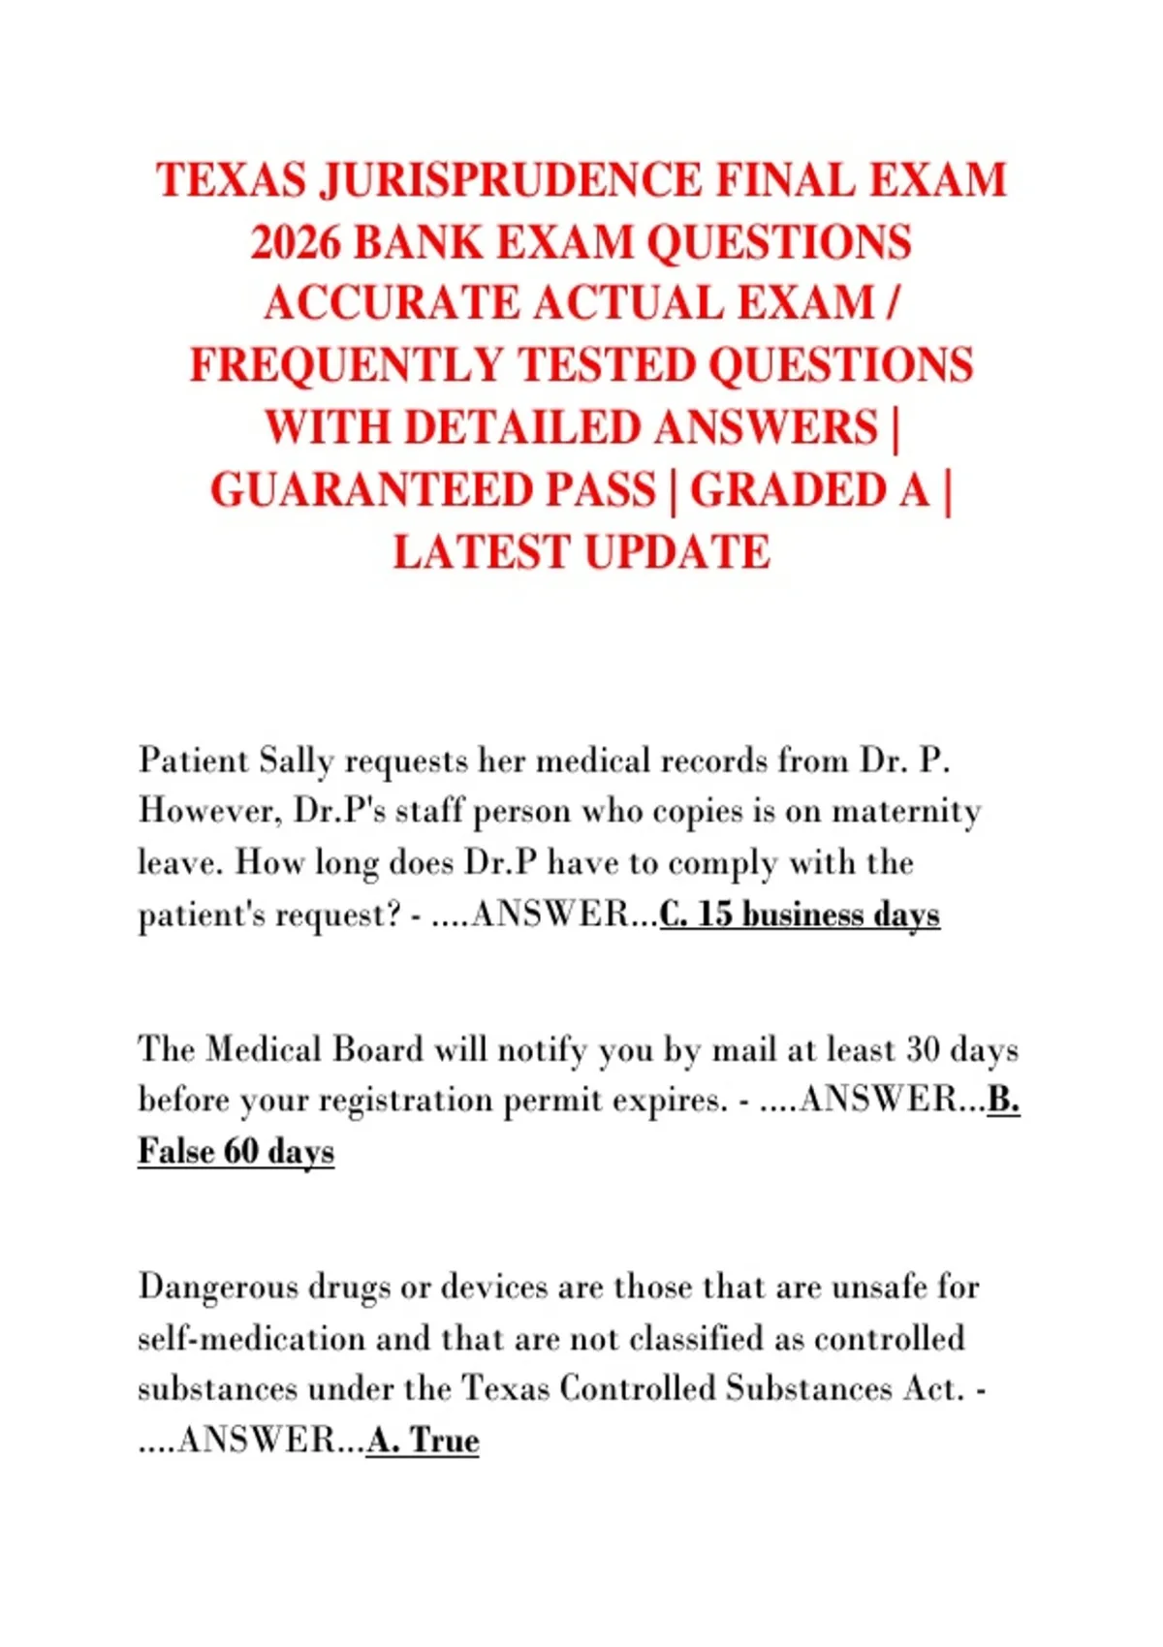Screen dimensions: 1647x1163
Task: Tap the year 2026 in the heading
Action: [x=295, y=242]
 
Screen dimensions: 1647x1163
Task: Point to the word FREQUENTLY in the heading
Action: [x=345, y=366]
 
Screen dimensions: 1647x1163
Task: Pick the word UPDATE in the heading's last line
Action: [x=676, y=552]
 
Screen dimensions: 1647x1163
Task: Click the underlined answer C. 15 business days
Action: [x=800, y=914]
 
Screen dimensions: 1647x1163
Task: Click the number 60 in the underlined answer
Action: [x=241, y=1152]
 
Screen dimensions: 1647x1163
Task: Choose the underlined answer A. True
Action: [x=423, y=1441]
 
